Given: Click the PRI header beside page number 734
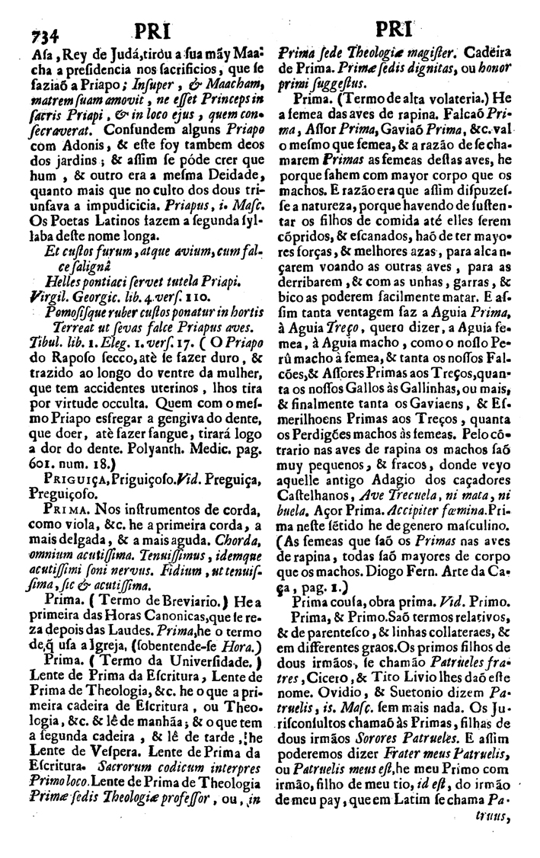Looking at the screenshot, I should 155,33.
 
